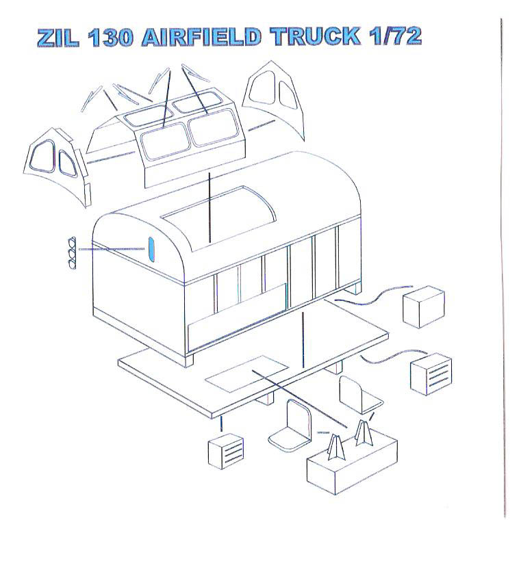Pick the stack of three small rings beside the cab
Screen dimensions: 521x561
point(71,252)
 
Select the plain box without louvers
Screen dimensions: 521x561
point(423,307)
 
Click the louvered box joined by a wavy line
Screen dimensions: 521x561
point(431,373)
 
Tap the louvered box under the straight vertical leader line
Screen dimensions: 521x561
point(227,452)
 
